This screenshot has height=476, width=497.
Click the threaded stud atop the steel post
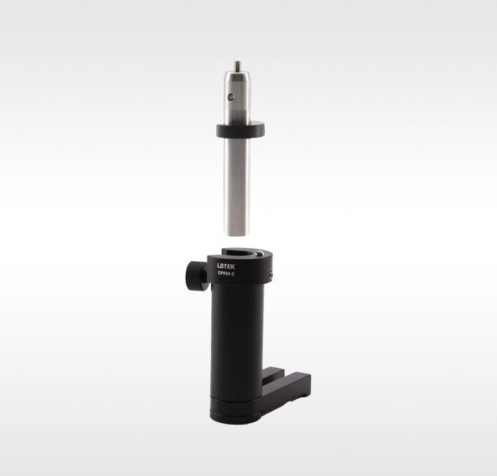[x=237, y=66]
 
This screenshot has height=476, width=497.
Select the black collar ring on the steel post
[x=241, y=129]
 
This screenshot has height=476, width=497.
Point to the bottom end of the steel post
[x=237, y=234]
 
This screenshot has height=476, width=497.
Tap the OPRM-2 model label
[x=226, y=274]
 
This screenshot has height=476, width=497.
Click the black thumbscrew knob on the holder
[x=197, y=276]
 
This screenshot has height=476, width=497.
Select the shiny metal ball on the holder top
[x=259, y=254]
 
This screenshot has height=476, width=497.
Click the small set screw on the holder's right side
[x=272, y=276]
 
